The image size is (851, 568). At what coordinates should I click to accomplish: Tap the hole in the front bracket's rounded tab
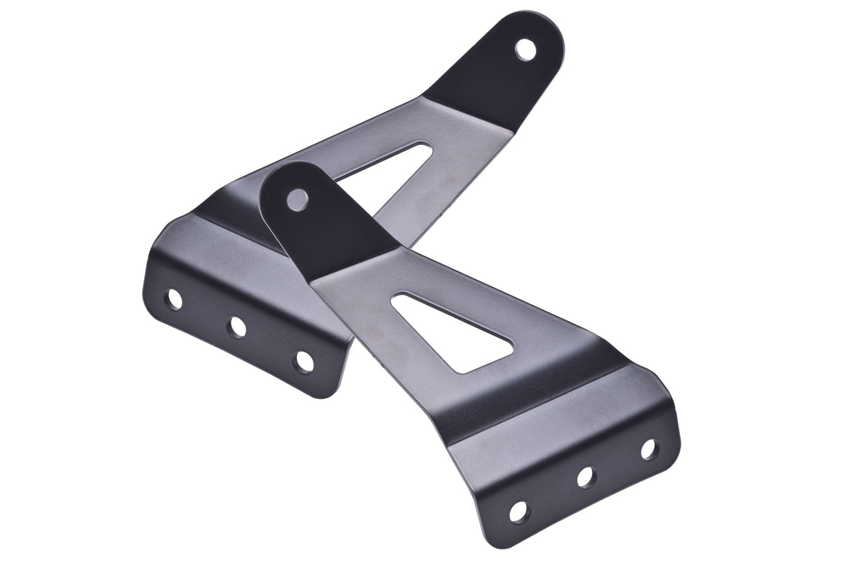tap(294, 200)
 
